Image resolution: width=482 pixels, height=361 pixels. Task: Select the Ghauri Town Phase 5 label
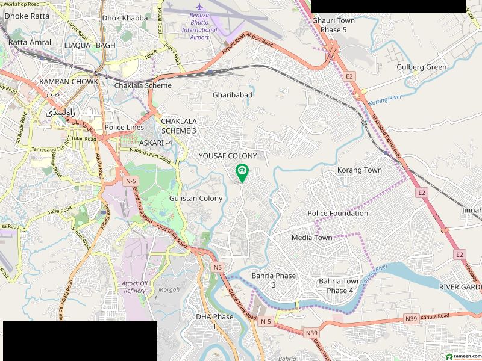click(333, 25)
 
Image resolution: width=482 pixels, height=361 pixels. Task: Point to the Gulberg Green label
click(422, 67)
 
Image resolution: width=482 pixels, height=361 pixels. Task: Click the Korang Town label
click(360, 170)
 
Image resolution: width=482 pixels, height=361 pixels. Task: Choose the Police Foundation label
click(337, 213)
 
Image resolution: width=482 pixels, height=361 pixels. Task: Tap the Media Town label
click(311, 238)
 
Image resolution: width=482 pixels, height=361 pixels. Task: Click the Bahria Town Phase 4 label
click(340, 286)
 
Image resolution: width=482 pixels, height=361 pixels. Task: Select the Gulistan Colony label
click(196, 198)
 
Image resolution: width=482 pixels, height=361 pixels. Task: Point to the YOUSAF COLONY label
click(228, 156)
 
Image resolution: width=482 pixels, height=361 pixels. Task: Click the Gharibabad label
click(232, 95)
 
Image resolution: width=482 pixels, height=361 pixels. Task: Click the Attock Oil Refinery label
click(134, 286)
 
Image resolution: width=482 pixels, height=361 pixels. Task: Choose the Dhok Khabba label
click(125, 18)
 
